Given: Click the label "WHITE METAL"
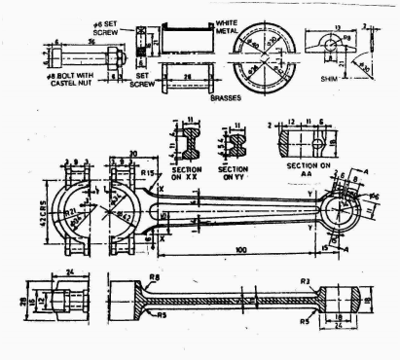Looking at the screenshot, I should (230, 26).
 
